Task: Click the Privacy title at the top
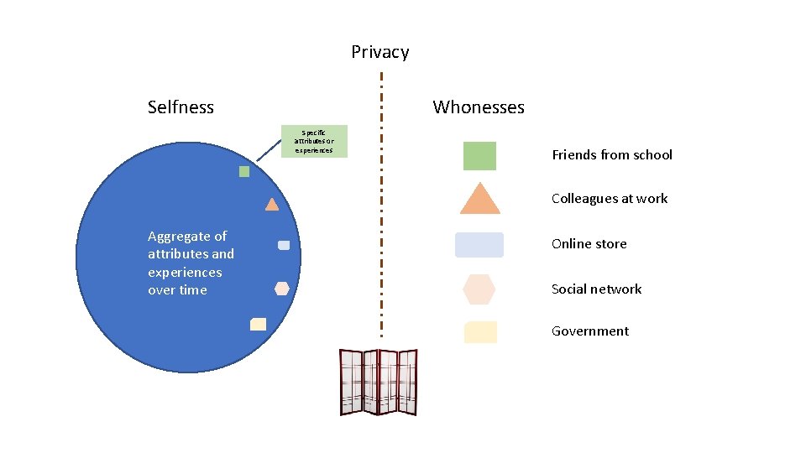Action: click(379, 52)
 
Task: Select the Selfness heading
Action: click(181, 107)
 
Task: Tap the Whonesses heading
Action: click(479, 107)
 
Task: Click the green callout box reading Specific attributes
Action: click(314, 141)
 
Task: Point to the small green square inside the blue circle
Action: click(244, 172)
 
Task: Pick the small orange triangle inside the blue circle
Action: click(272, 204)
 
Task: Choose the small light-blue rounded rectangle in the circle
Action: click(284, 245)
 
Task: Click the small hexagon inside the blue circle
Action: click(282, 289)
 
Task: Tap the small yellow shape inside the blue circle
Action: click(259, 324)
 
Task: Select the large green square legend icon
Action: click(479, 156)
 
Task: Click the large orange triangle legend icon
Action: click(479, 200)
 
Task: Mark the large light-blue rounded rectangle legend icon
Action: click(479, 245)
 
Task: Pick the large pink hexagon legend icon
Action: click(479, 289)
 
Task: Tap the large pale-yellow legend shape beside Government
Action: click(480, 332)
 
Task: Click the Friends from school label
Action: click(612, 155)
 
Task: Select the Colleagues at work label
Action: click(610, 199)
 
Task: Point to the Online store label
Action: click(589, 244)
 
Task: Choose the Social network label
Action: click(596, 289)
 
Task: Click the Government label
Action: click(590, 331)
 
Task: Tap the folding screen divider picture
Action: click(378, 382)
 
